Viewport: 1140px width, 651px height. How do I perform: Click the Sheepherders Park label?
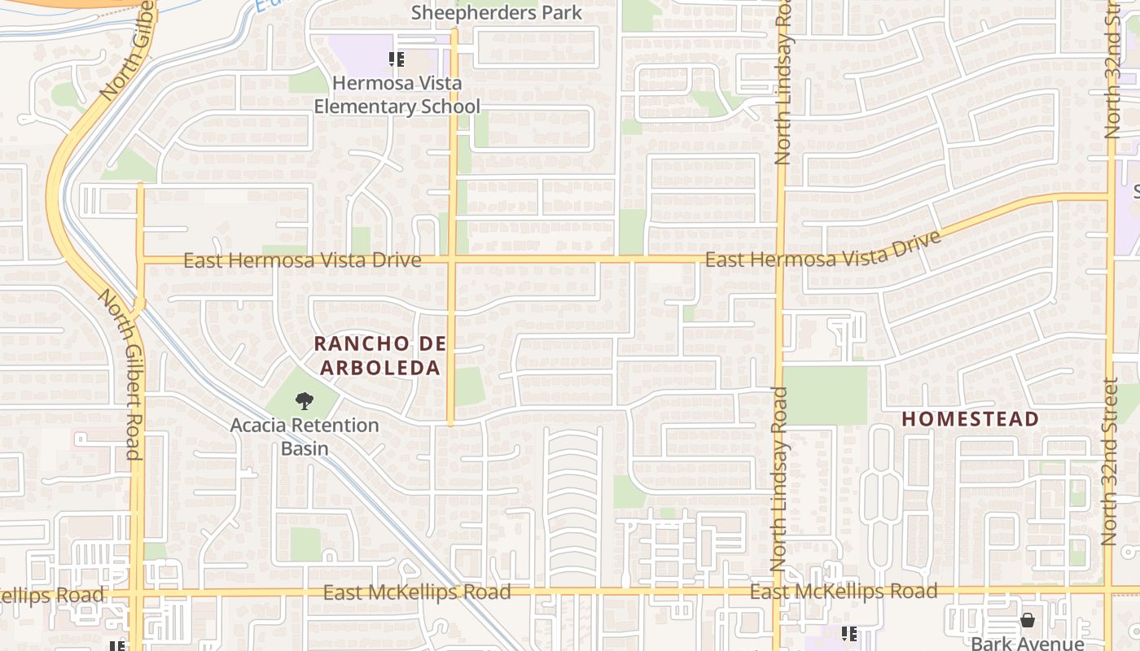coord(497,13)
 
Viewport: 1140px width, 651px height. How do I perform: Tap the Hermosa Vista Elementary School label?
coord(397,94)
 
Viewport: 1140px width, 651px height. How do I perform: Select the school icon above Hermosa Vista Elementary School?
coord(397,59)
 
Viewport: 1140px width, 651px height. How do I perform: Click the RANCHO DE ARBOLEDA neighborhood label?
coord(379,356)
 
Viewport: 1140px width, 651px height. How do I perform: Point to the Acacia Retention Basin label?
coord(305,436)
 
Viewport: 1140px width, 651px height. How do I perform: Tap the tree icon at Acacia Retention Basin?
coord(305,400)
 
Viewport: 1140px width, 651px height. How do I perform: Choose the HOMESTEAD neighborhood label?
coord(970,419)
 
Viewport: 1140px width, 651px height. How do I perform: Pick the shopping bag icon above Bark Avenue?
coord(1028,620)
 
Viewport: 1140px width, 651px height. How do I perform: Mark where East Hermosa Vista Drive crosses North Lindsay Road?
coord(778,260)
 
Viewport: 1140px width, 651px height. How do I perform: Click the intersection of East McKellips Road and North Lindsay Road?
coord(777,592)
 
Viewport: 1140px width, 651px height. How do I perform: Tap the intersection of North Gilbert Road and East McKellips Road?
coord(137,592)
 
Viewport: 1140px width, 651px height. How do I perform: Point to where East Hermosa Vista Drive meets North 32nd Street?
coord(1110,196)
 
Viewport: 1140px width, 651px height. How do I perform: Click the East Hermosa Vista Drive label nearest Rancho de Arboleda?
coord(302,260)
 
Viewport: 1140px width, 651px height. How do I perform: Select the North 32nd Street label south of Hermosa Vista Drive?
coord(1109,461)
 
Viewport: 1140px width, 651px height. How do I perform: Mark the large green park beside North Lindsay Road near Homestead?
coord(825,395)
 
